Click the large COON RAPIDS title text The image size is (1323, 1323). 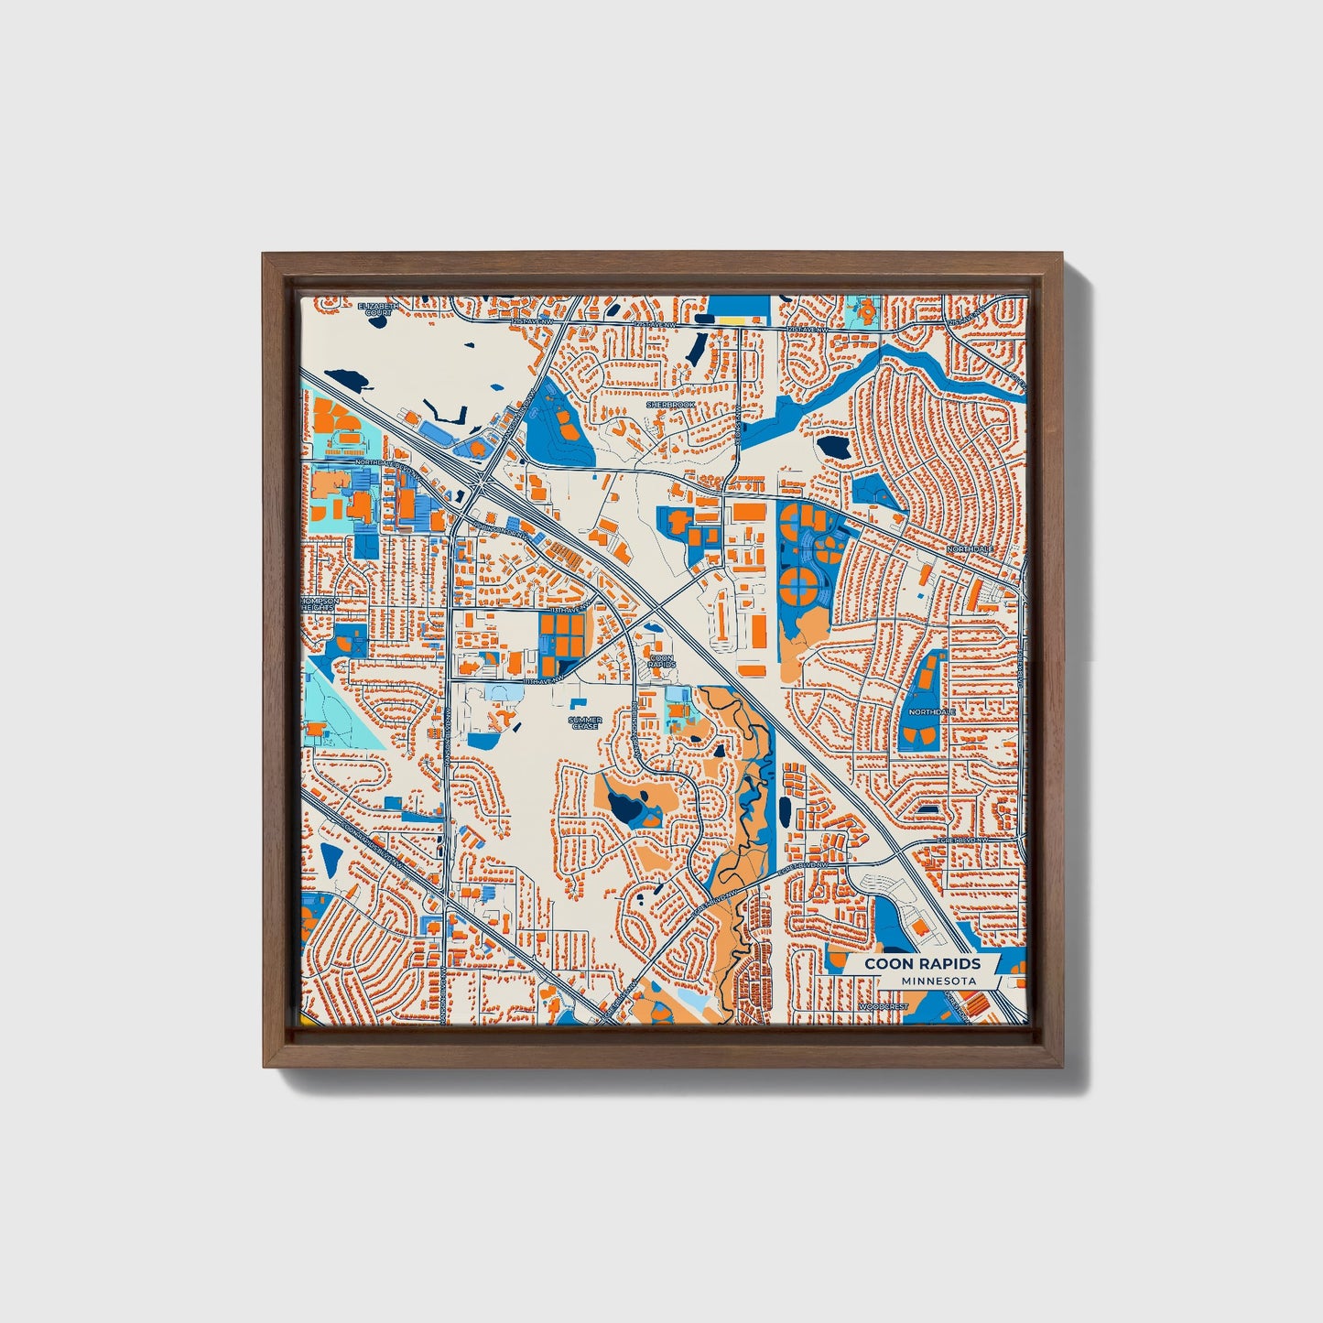(x=922, y=963)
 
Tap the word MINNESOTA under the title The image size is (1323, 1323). (x=938, y=981)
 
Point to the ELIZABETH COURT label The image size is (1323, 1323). (x=378, y=309)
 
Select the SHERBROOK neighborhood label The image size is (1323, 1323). (x=671, y=404)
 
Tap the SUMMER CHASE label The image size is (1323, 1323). (x=585, y=722)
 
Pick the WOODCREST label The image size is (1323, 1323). (x=883, y=1006)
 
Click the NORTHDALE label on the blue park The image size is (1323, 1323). (x=931, y=711)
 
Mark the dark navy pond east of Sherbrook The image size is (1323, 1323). (x=833, y=446)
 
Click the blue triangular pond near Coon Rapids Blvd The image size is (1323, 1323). (x=330, y=859)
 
